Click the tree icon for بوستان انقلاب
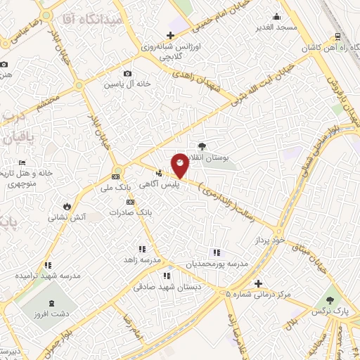coord(202,146)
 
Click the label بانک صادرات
coord(132,211)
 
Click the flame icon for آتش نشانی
coord(66,207)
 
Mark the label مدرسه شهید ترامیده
coord(48,276)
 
